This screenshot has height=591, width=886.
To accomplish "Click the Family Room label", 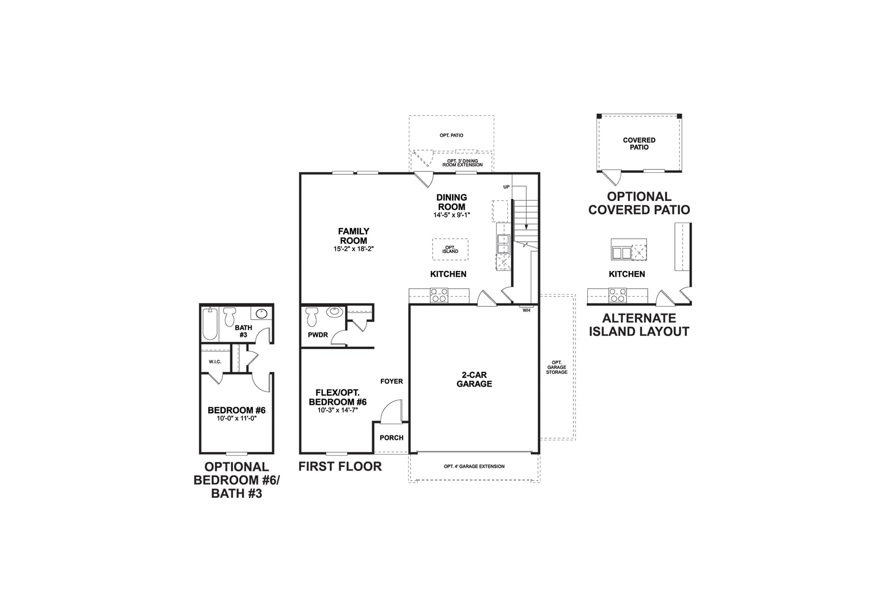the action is point(353,236).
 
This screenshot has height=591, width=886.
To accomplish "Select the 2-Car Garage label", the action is point(474,380).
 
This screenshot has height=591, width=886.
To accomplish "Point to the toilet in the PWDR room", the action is point(312,317).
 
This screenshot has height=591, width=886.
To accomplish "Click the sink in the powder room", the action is point(335,312).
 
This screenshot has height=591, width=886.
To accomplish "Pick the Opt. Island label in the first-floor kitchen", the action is point(450,250).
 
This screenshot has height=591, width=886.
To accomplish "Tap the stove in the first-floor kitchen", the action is point(439,295).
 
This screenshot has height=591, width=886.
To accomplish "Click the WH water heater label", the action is point(527,311).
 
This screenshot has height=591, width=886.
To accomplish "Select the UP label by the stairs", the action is point(506,187).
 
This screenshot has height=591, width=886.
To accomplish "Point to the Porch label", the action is point(391,438).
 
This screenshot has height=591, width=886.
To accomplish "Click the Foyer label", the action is point(391,381).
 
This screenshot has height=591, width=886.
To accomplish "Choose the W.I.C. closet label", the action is point(215,362).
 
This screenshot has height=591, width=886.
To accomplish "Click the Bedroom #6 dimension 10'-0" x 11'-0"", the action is point(237,419).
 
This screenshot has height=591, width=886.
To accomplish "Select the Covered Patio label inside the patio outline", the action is point(639,144).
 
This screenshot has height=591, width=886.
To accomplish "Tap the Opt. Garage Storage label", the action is point(557,367).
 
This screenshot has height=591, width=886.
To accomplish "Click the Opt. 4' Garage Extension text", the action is point(474,466).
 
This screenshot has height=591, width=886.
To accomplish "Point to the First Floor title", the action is point(340,466).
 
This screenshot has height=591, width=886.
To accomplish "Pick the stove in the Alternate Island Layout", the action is point(617,295).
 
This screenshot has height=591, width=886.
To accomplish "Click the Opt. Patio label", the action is point(451,135).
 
